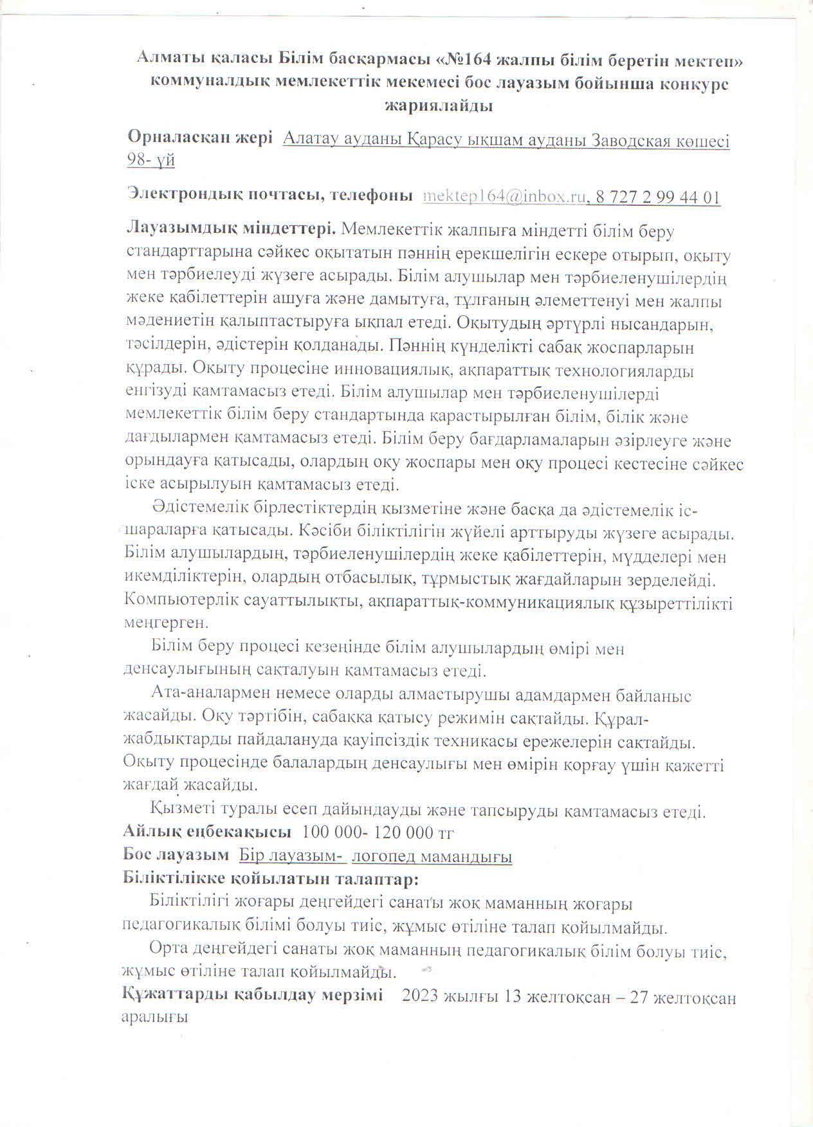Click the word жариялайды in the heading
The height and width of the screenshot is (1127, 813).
[x=438, y=106]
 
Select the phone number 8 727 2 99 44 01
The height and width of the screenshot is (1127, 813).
[x=658, y=197]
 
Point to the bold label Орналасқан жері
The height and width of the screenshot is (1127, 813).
[x=199, y=138]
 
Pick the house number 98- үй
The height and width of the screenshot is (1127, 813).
[x=151, y=160]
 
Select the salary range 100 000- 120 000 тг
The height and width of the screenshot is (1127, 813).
[x=378, y=832]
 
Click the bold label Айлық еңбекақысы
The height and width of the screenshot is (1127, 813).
[x=207, y=832]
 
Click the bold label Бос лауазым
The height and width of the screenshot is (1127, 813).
[x=176, y=855]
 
